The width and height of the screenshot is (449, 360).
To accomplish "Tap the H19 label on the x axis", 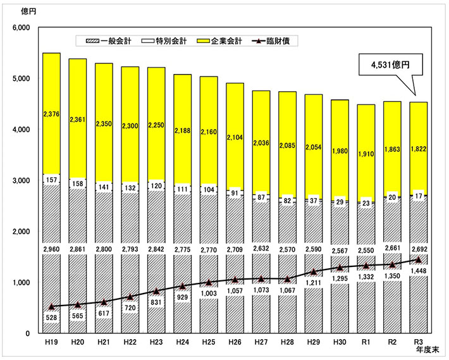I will click(x=51, y=342).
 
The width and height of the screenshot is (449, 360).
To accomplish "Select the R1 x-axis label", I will click(x=367, y=342).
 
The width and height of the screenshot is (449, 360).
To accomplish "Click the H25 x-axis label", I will click(x=209, y=342).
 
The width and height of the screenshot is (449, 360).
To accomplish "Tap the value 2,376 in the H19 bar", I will click(x=51, y=114).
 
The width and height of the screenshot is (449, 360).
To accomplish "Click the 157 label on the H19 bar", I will click(x=51, y=180).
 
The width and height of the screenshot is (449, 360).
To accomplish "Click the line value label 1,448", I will click(x=419, y=271).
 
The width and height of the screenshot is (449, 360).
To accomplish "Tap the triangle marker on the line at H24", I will click(x=183, y=287).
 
